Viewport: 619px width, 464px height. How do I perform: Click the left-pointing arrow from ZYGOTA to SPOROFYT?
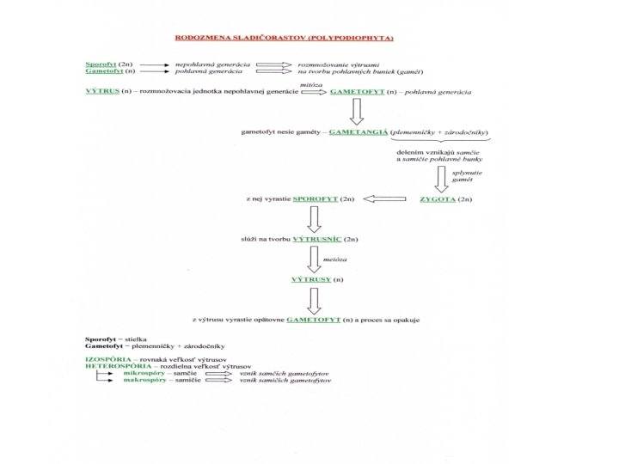pyautogui.click(x=383, y=199)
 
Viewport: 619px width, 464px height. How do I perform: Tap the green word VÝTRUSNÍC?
pyautogui.click(x=318, y=236)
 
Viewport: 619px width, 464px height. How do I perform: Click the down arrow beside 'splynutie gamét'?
pyautogui.click(x=442, y=178)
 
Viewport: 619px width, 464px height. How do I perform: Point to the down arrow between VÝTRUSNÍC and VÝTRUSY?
pyautogui.click(x=315, y=259)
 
